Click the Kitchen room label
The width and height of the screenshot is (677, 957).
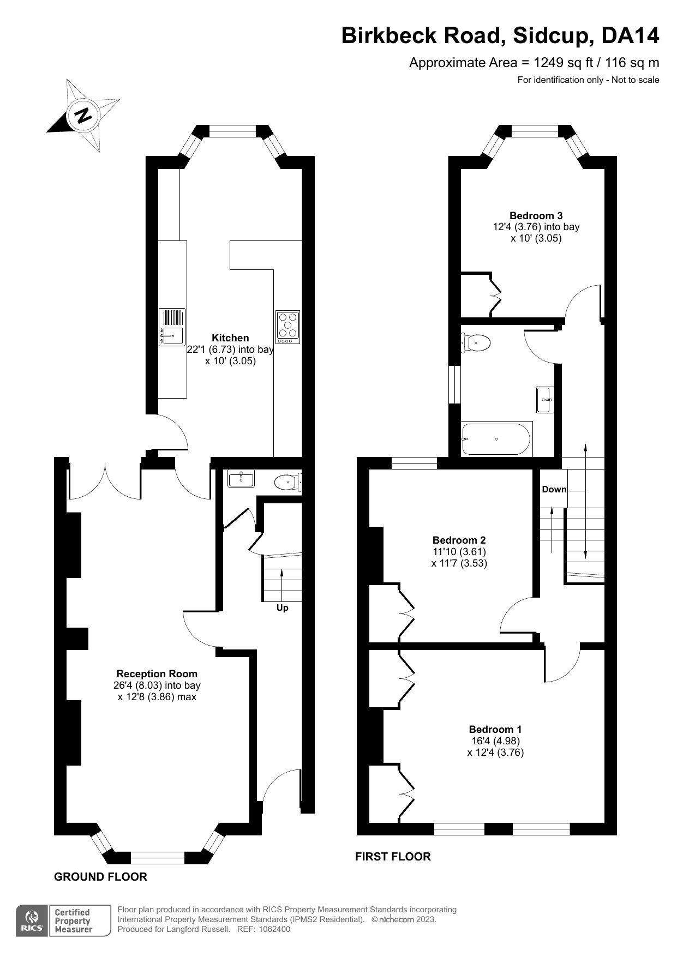tap(230, 338)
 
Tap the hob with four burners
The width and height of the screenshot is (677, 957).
tap(287, 327)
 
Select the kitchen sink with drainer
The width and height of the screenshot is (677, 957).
tap(172, 327)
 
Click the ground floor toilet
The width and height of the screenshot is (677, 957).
tap(288, 482)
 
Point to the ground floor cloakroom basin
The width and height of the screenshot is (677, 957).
tap(241, 479)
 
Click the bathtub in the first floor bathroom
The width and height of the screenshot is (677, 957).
tap(496, 439)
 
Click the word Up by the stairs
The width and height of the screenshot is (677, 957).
tap(282, 607)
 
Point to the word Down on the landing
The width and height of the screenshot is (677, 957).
tap(554, 489)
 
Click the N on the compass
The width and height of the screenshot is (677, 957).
tap(83, 116)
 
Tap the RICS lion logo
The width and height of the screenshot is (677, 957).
tap(32, 921)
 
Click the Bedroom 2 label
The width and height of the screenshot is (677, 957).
tap(459, 540)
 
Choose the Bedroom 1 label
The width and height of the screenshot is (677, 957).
tap(495, 729)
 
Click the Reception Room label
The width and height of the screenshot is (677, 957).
tap(157, 673)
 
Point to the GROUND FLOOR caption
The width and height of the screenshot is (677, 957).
tap(101, 876)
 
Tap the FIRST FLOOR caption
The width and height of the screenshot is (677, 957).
tap(393, 856)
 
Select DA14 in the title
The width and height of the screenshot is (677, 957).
tap(630, 35)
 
